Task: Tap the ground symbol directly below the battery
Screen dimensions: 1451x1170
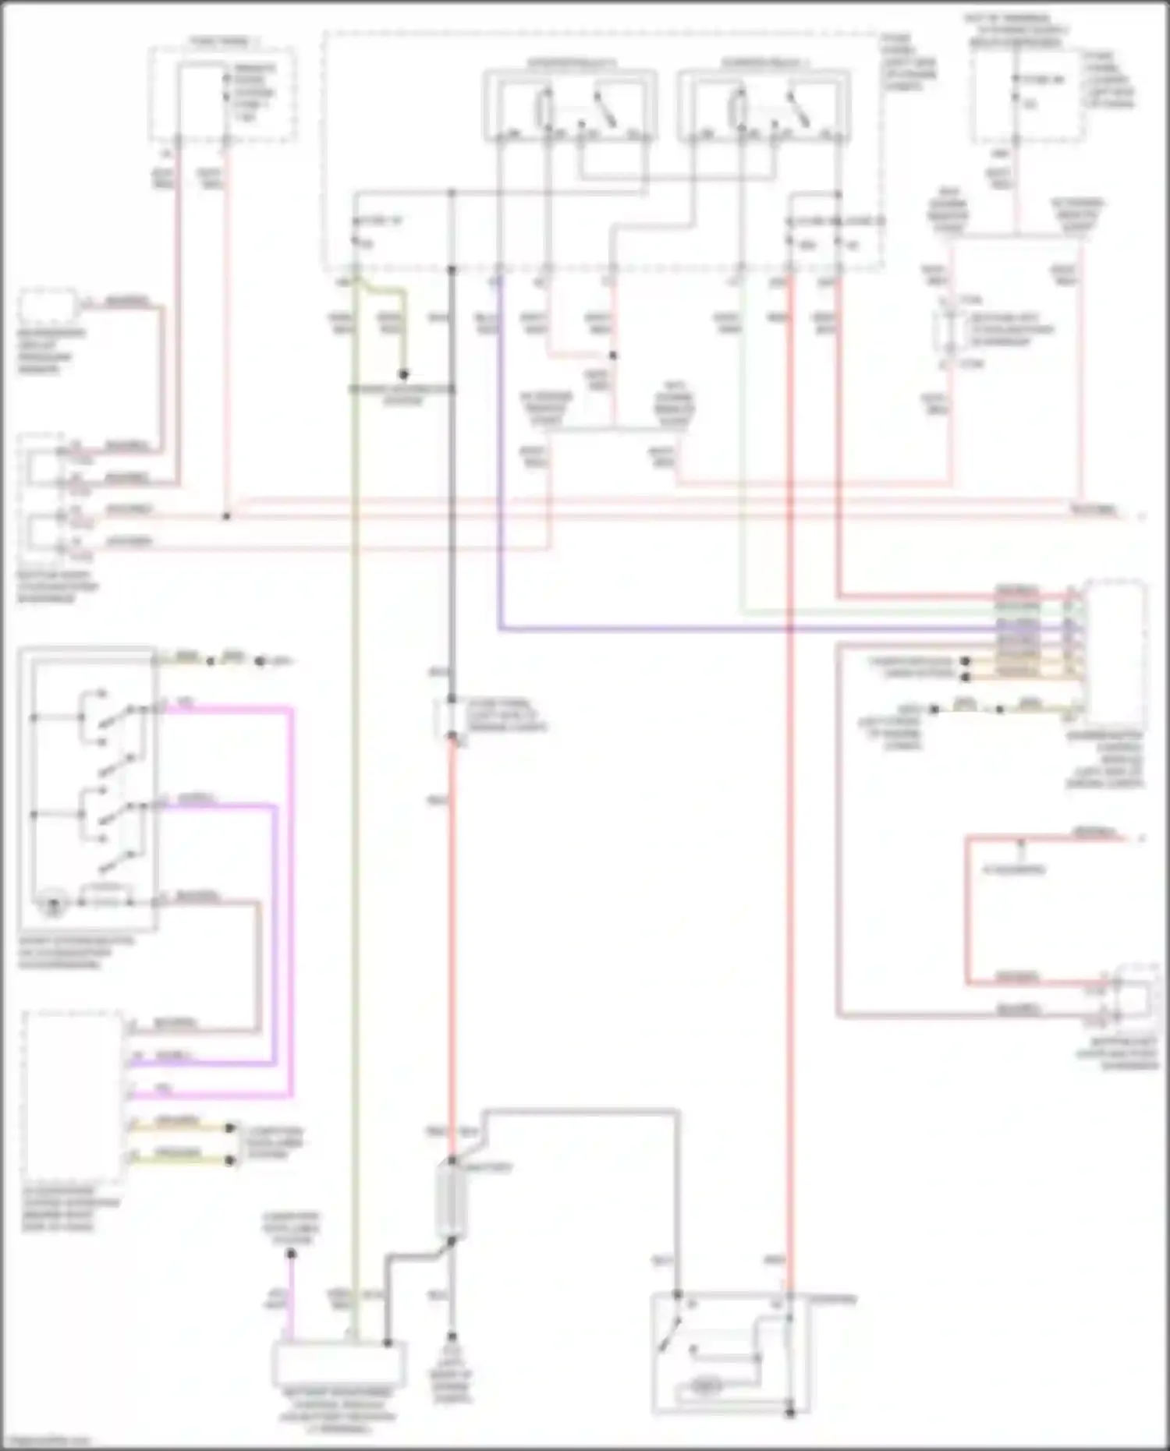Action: [x=450, y=1336]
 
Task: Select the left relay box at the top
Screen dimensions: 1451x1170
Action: [x=569, y=105]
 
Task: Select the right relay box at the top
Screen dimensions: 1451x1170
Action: [x=764, y=105]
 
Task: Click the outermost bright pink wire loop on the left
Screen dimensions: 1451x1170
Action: [x=292, y=897]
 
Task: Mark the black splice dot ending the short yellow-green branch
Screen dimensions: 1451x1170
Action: [x=403, y=375]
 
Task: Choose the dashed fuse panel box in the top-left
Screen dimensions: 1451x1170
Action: [x=223, y=94]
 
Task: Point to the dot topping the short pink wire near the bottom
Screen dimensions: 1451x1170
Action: [x=291, y=1254]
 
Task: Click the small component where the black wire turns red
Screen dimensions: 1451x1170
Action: [x=450, y=717]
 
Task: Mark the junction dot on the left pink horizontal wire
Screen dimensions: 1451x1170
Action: [x=226, y=517]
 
